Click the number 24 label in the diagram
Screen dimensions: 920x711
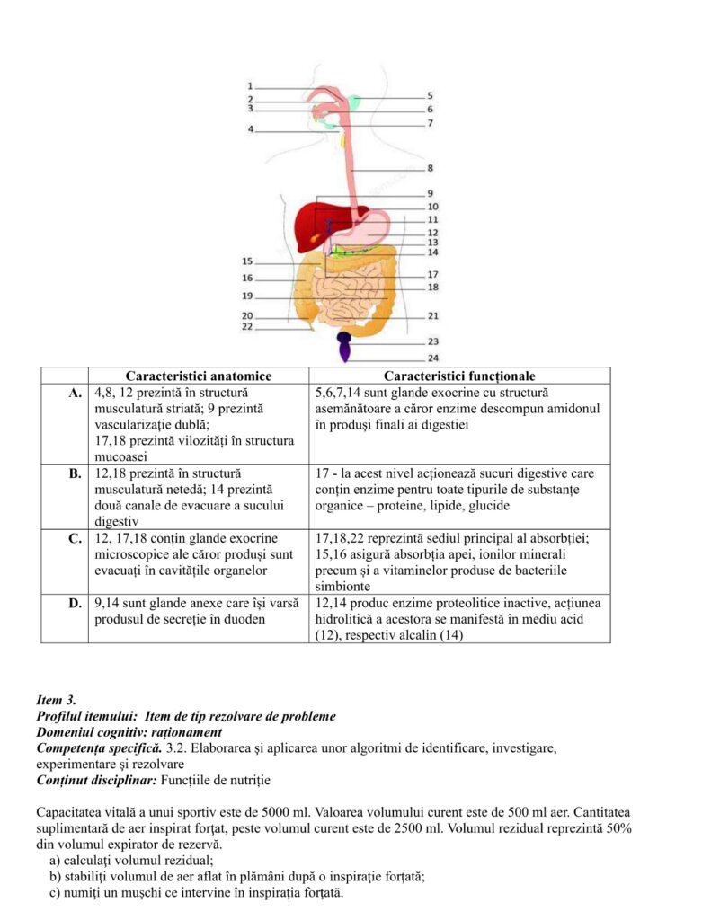432,358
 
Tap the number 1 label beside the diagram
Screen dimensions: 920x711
250,85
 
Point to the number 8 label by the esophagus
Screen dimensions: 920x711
431,168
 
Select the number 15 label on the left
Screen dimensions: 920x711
247,261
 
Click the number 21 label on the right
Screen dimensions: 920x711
432,316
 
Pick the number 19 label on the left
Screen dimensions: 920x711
247,296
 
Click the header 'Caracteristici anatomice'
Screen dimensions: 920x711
198,376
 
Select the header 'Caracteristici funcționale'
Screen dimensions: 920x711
459,376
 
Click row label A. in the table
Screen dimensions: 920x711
75,394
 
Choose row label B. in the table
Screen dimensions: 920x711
75,473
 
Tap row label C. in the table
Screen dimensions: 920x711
75,538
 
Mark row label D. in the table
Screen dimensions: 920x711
75,603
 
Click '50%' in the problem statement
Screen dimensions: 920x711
616,828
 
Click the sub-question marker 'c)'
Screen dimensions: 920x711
56,894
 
